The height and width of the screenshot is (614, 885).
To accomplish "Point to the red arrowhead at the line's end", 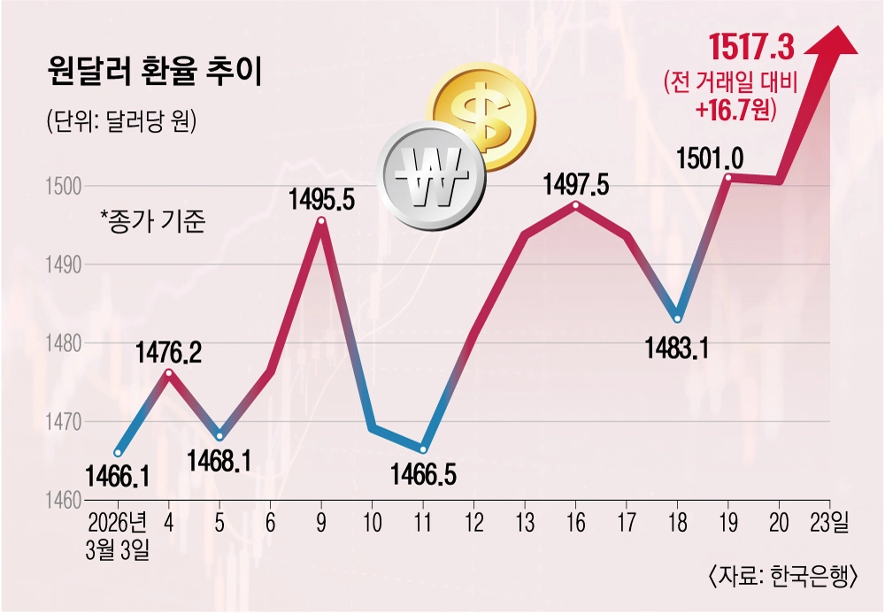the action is [831, 42].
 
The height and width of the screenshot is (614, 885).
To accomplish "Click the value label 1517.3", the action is [751, 48].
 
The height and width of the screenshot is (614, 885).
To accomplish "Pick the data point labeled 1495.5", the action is [321, 220].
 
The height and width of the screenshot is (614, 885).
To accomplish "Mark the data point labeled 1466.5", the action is [423, 449].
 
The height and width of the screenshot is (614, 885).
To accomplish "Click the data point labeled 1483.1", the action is [677, 319].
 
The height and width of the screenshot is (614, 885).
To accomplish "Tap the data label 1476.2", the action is [168, 354].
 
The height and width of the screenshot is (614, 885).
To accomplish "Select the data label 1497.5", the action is [576, 185].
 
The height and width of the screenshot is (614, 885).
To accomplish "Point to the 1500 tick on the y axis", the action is [63, 186].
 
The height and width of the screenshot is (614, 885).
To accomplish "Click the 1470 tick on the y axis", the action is [63, 421].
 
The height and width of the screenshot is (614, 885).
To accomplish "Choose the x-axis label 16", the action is [576, 524].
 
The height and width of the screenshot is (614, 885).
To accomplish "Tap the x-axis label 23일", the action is [829, 524].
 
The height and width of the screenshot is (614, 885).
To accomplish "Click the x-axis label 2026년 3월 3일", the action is [118, 536].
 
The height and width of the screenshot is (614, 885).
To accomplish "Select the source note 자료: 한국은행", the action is [784, 578].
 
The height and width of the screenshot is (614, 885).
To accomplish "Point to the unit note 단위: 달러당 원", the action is [122, 121].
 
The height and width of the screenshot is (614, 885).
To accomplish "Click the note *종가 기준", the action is [152, 221].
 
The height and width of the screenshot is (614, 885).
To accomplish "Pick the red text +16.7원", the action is [732, 109].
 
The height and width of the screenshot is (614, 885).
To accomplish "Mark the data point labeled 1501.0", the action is [728, 178].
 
